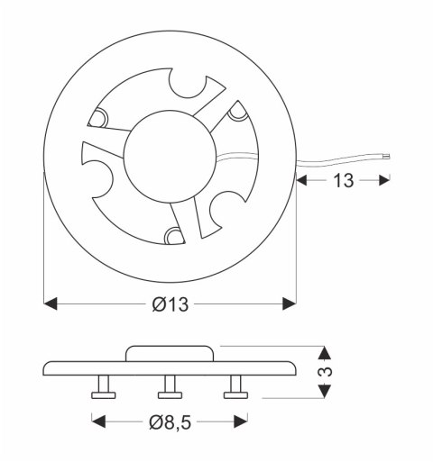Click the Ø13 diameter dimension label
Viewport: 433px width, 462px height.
[170, 304]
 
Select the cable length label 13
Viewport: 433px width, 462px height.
[343, 180]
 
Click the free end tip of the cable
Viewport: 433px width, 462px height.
[388, 157]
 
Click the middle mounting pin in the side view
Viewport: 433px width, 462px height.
[170, 389]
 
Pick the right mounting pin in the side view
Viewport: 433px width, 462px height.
[236, 389]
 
